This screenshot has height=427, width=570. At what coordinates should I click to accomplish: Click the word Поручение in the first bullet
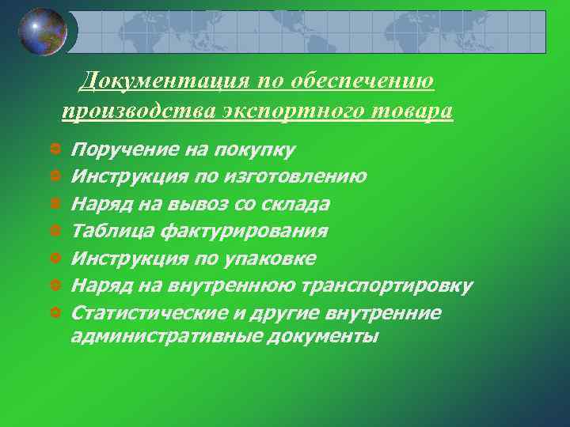(x=123, y=149)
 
